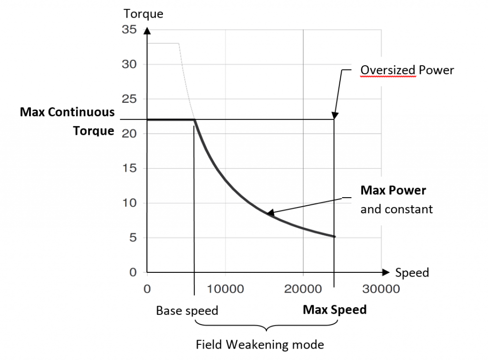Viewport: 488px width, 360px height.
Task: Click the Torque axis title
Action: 143,14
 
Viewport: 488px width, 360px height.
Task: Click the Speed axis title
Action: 412,273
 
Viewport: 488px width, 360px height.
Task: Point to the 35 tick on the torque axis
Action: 130,30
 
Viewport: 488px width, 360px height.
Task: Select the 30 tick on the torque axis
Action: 130,64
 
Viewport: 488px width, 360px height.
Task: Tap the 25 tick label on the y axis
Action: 130,99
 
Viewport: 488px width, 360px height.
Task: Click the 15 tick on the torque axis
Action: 130,169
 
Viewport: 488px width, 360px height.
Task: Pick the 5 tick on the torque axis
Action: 133,238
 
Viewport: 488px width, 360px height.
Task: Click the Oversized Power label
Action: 407,70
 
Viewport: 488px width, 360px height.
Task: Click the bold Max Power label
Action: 393,190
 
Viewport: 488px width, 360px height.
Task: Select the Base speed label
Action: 187,311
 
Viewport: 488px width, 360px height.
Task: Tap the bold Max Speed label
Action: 335,310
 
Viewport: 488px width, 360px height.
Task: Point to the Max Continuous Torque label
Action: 67,121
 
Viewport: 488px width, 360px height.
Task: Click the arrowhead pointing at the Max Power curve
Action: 270,213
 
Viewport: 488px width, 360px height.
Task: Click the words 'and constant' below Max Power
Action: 396,209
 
